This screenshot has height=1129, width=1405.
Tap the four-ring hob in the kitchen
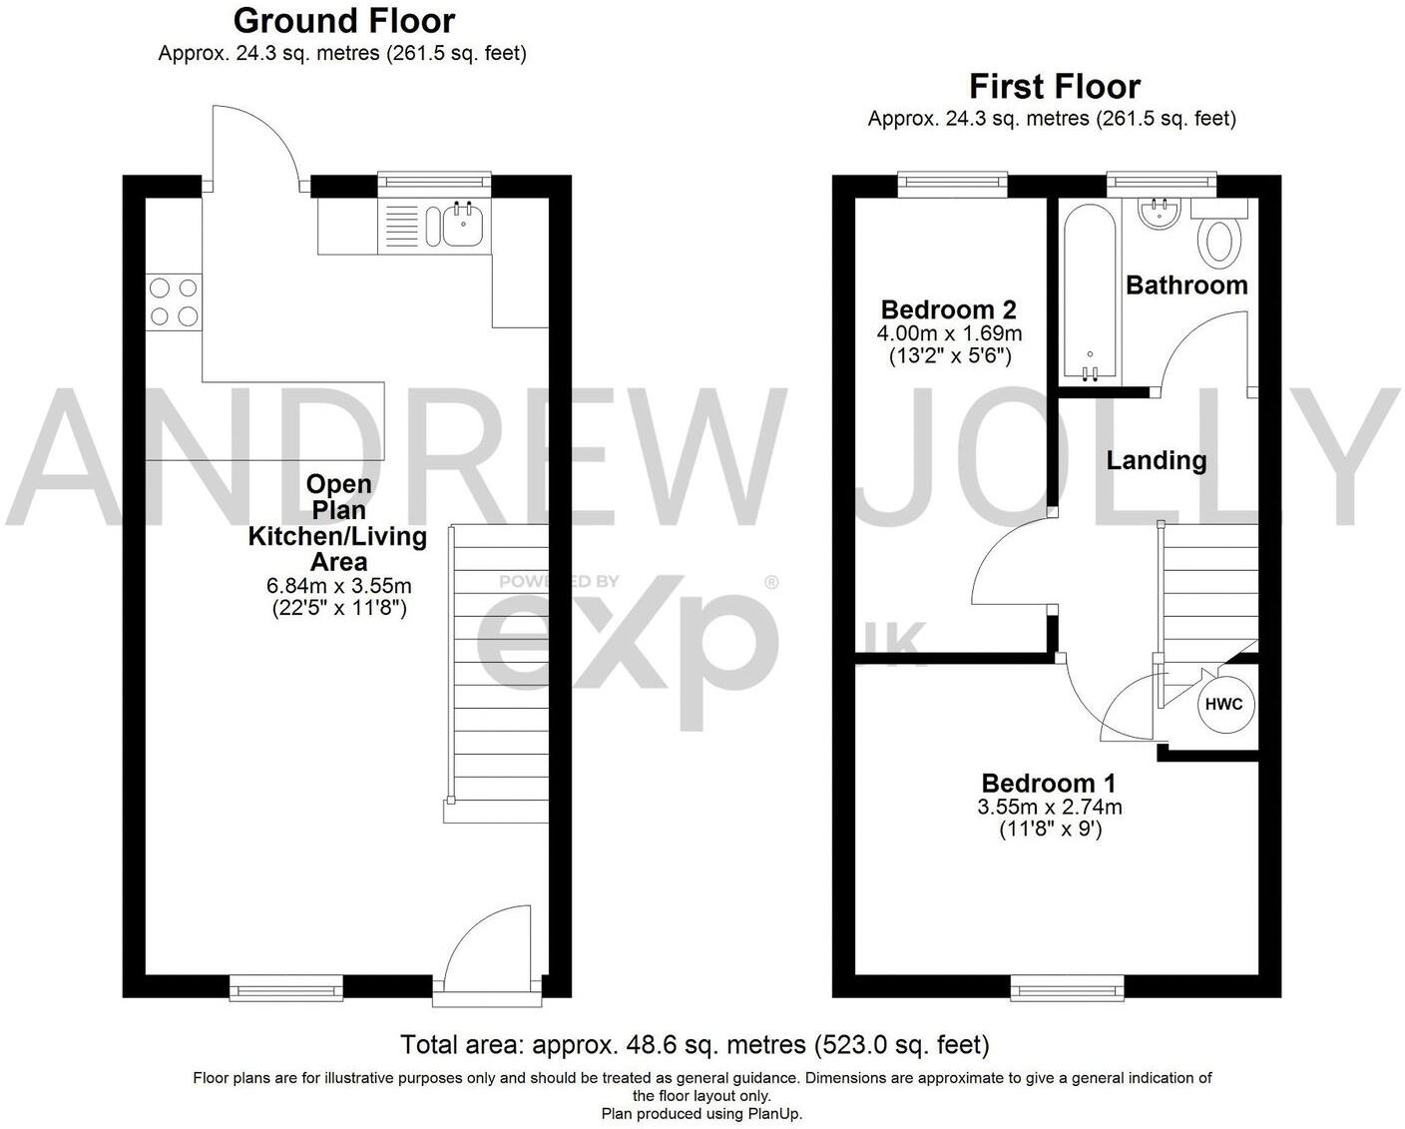(174, 302)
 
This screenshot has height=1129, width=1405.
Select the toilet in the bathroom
(1220, 240)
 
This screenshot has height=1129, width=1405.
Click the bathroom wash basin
(1159, 213)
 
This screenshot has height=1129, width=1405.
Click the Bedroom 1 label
(1049, 784)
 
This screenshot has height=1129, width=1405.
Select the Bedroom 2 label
(949, 309)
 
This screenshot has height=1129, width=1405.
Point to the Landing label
(1157, 460)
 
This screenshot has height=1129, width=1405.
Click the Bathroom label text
(1186, 285)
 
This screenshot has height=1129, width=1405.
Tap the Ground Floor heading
(343, 21)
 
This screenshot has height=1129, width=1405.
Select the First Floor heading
(1055, 87)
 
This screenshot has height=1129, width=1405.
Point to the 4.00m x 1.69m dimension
(950, 333)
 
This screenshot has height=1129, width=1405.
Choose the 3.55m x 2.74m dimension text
(1050, 807)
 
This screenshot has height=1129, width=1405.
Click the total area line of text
(695, 1045)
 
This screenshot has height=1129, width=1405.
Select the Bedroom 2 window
(952, 181)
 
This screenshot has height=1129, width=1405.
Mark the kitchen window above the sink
(434, 181)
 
